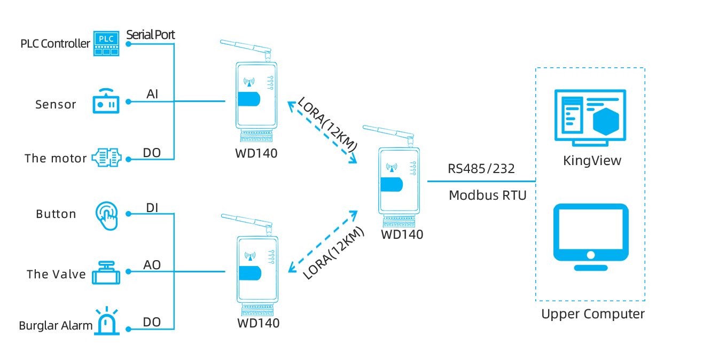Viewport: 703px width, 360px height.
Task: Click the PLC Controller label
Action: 56,44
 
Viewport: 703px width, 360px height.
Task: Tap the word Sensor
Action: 56,104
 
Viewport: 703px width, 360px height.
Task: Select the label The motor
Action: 56,159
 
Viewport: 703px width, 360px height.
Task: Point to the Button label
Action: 56,214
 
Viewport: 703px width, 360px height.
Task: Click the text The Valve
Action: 56,274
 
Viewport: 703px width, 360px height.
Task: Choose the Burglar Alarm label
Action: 56,326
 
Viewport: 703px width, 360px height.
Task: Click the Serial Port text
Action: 151,35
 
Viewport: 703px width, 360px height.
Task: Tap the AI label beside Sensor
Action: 152,95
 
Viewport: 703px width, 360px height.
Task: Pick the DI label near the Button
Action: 152,208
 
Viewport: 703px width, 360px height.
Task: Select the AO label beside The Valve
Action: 152,265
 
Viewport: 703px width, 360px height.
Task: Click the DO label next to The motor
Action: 152,153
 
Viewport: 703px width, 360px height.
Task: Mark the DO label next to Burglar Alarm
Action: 152,322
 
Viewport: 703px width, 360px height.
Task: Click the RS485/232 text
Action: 481,169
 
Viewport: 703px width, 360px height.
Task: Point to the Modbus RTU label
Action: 488,195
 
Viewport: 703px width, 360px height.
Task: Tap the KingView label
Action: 592,161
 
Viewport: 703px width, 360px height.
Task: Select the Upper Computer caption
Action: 593,314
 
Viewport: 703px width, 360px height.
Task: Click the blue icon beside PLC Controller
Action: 106,43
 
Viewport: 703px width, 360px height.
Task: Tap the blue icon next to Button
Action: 106,216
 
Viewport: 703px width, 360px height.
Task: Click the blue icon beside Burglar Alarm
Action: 107,320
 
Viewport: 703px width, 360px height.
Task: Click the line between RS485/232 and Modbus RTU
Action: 481,182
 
